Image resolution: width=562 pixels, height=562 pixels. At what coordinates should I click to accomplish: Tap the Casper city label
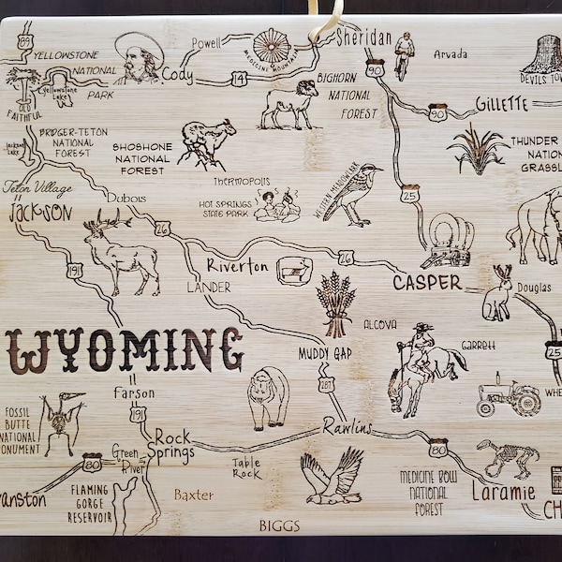427,282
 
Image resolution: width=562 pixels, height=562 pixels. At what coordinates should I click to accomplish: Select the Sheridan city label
362,37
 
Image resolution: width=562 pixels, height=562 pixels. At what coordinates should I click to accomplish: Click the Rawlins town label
348,427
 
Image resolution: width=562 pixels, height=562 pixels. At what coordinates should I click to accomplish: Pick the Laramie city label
504,490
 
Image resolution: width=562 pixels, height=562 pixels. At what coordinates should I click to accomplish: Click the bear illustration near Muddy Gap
268,397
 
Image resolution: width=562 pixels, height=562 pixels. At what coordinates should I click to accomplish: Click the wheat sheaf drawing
335,302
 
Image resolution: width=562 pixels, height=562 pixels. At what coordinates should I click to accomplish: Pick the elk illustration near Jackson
122,251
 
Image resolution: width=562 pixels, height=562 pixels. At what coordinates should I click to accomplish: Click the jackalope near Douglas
498,293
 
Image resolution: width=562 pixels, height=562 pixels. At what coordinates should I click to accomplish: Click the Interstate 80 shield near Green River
92,461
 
